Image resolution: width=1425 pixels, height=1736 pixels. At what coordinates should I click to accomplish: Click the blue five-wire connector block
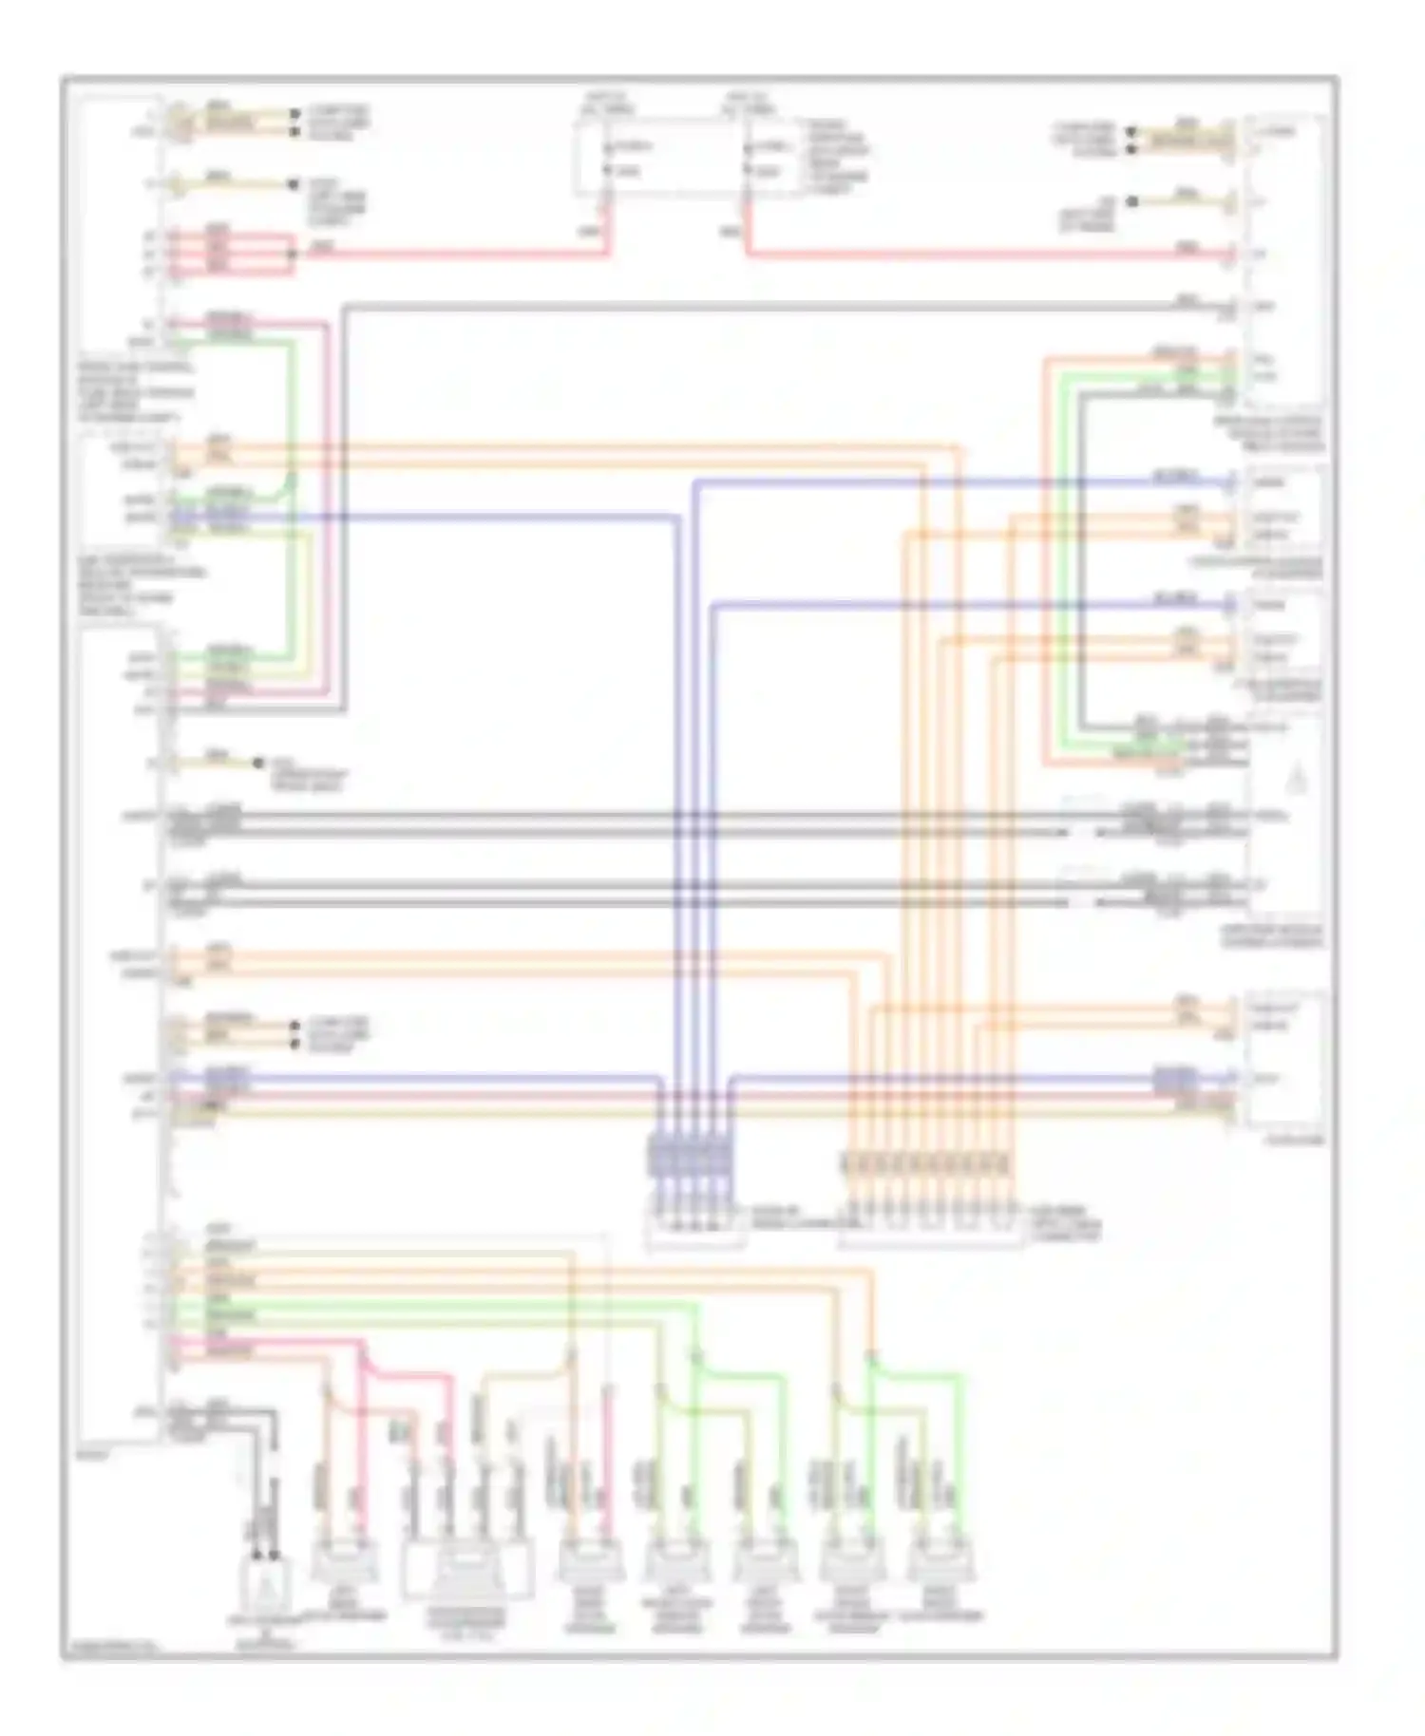pos(691,1157)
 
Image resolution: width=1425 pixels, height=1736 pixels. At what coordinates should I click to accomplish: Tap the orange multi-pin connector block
pos(926,1162)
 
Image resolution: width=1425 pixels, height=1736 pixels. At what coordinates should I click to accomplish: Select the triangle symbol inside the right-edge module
pos(1298,781)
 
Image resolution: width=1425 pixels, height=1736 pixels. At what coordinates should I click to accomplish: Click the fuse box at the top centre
pos(688,158)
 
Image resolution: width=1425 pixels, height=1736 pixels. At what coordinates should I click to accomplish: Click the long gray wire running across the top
pos(760,307)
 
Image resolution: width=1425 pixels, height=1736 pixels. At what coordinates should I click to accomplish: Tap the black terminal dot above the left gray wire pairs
pos(257,763)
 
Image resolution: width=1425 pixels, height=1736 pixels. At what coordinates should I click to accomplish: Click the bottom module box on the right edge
pos(1282,1059)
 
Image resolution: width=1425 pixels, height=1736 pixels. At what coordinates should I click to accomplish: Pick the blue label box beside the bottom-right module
pos(1175,1079)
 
